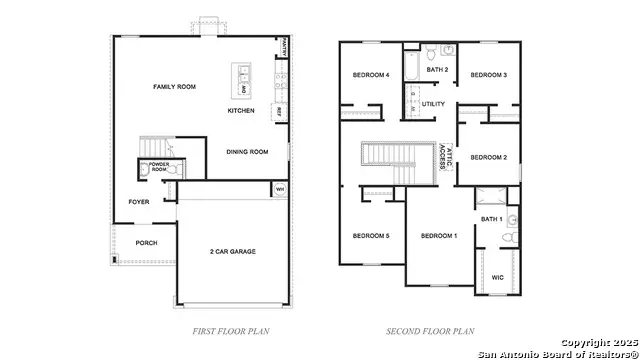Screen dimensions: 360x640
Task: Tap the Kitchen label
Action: pyautogui.click(x=241, y=110)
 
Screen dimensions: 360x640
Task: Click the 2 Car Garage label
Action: pyautogui.click(x=232, y=252)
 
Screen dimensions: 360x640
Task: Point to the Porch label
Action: pyautogui.click(x=146, y=243)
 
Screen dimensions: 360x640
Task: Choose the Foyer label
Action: pyautogui.click(x=139, y=202)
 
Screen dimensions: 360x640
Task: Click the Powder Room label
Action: pyautogui.click(x=160, y=165)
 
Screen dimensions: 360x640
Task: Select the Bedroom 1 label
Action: pyautogui.click(x=439, y=236)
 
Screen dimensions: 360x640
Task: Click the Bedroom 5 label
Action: pyautogui.click(x=371, y=236)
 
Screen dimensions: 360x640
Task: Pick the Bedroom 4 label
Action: pyautogui.click(x=371, y=76)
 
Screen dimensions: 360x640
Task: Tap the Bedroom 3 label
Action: pyautogui.click(x=489, y=75)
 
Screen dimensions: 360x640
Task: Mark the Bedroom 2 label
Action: pyautogui.click(x=489, y=157)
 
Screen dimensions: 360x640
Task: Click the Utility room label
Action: pyautogui.click(x=433, y=103)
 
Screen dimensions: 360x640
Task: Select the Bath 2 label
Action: pyautogui.click(x=437, y=70)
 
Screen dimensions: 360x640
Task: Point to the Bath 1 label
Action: pyautogui.click(x=490, y=219)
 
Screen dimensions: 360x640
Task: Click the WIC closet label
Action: pyautogui.click(x=498, y=277)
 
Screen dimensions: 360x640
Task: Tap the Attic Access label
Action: pyautogui.click(x=441, y=158)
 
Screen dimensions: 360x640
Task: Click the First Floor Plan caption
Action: pyautogui.click(x=231, y=330)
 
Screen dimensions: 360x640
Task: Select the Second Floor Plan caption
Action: pyautogui.click(x=430, y=330)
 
